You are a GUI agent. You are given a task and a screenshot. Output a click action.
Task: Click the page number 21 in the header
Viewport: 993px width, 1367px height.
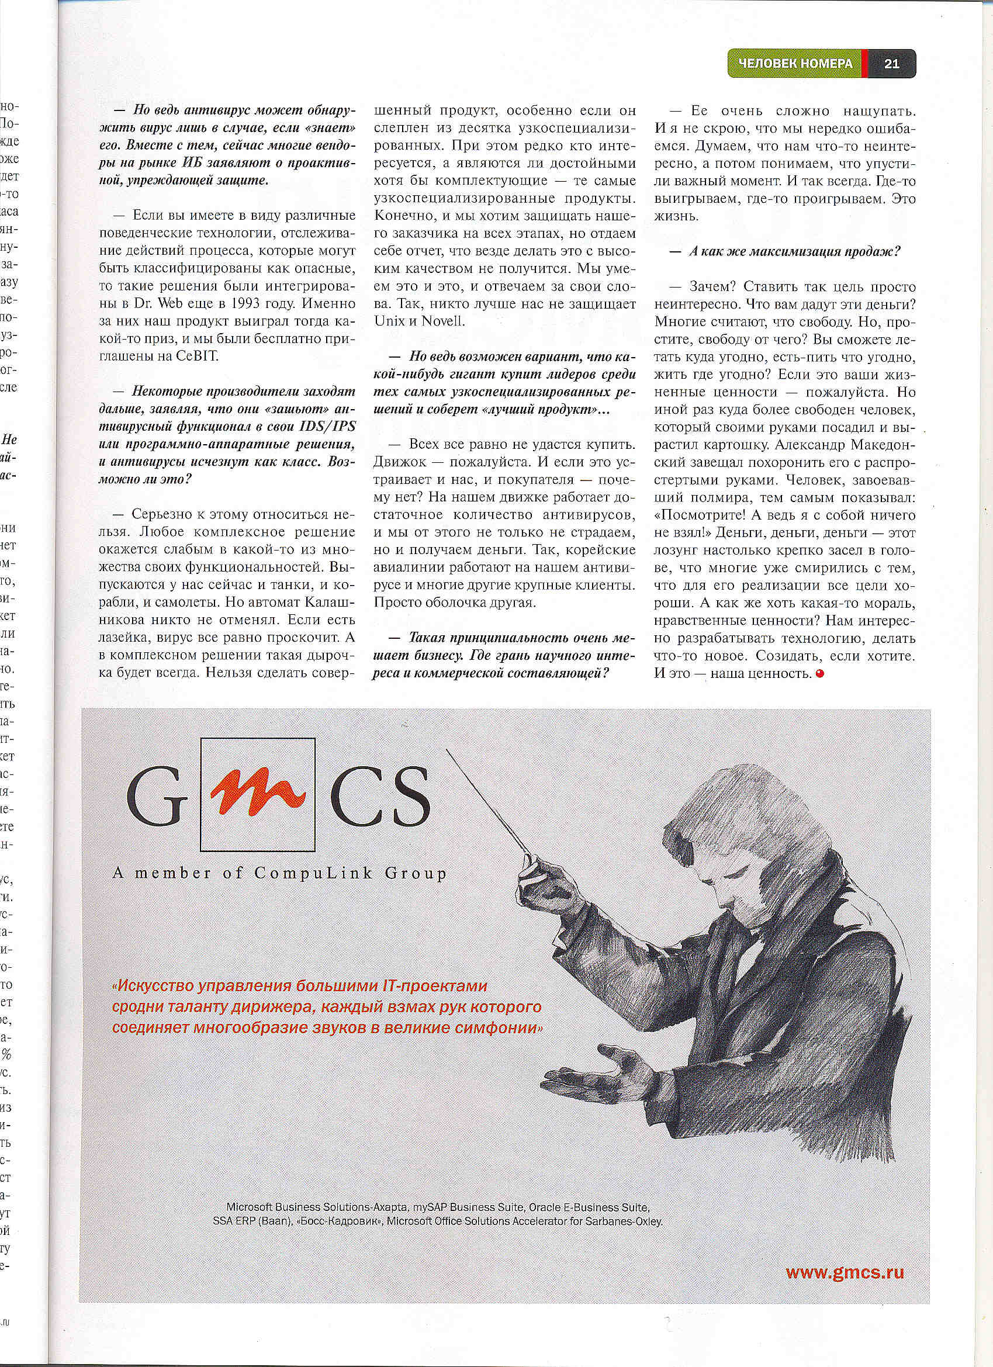pyautogui.click(x=892, y=63)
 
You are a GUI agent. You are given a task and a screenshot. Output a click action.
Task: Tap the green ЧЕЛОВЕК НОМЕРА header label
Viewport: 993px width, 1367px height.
pyautogui.click(x=795, y=63)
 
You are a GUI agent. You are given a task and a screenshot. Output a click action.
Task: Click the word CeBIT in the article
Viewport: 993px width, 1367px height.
pyautogui.click(x=196, y=355)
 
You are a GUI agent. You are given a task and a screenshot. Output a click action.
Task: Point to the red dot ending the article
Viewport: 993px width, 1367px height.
pyautogui.click(x=818, y=673)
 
